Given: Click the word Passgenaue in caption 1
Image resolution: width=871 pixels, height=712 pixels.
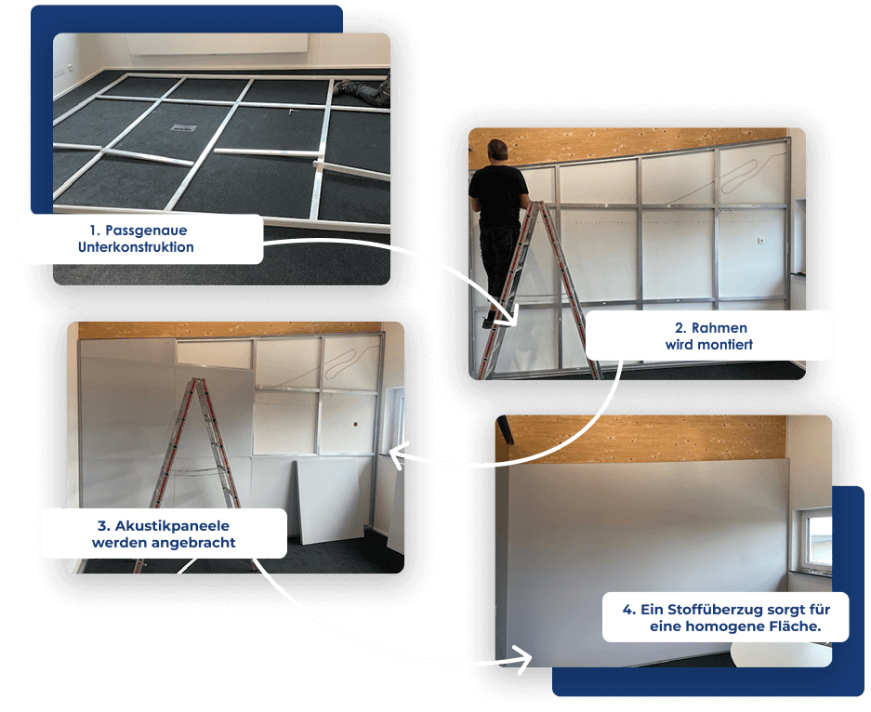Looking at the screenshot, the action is [x=146, y=231].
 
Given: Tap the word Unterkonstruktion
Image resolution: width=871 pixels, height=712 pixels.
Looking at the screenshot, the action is [x=136, y=247].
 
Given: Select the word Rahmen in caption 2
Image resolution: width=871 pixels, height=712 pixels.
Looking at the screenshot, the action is [x=719, y=328].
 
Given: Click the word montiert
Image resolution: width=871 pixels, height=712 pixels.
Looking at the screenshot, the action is [x=725, y=345].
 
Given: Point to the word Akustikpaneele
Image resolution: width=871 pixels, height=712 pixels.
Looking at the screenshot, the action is [x=172, y=526].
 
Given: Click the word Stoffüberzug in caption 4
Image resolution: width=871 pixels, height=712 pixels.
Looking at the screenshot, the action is [x=715, y=610].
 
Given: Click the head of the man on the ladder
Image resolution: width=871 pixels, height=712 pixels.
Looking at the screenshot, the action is [x=497, y=152].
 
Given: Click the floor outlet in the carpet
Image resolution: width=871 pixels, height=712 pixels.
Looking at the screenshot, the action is [x=183, y=127].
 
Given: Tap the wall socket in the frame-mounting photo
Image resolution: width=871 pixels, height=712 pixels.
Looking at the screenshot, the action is [x=760, y=241].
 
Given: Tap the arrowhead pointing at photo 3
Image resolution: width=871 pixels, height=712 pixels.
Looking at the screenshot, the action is [x=397, y=456].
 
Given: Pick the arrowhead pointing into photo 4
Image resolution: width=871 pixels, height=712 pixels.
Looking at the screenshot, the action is [x=523, y=660].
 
